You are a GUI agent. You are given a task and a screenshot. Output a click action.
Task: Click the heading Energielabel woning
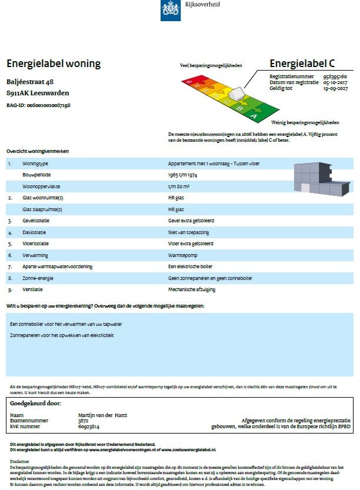point(53,64)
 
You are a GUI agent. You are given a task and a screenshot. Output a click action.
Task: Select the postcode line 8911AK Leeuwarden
point(38,93)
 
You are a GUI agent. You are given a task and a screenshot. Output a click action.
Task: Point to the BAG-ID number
point(38,105)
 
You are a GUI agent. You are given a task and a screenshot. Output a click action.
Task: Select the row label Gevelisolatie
point(36,221)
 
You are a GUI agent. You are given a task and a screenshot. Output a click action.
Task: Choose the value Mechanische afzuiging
point(191,289)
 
